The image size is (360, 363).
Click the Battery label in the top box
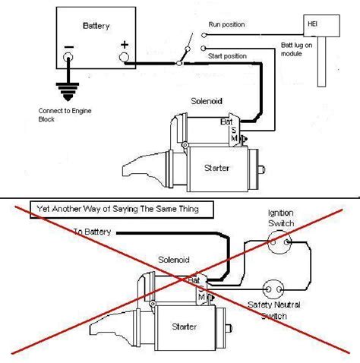(96, 26)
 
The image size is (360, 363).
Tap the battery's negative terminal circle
(68, 57)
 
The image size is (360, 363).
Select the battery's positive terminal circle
(124, 57)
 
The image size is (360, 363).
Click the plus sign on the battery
(125, 45)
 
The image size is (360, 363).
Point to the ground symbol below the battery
(68, 92)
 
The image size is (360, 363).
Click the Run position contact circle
(204, 35)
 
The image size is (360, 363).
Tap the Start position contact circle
(203, 48)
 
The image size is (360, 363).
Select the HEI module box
(321, 26)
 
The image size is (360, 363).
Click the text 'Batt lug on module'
(296, 49)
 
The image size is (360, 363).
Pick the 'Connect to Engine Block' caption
(65, 115)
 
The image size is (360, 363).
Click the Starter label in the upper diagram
(216, 168)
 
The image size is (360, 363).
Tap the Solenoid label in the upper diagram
(207, 101)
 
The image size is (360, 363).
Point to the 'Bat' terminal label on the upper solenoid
(226, 122)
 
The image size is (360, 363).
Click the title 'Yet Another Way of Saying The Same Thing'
(118, 209)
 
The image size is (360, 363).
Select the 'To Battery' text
(92, 232)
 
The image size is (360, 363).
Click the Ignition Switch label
(281, 218)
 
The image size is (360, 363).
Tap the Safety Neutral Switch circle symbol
(273, 289)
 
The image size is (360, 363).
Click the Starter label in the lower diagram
(184, 327)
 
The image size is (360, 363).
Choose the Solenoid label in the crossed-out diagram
(174, 260)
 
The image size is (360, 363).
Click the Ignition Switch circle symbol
(279, 242)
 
